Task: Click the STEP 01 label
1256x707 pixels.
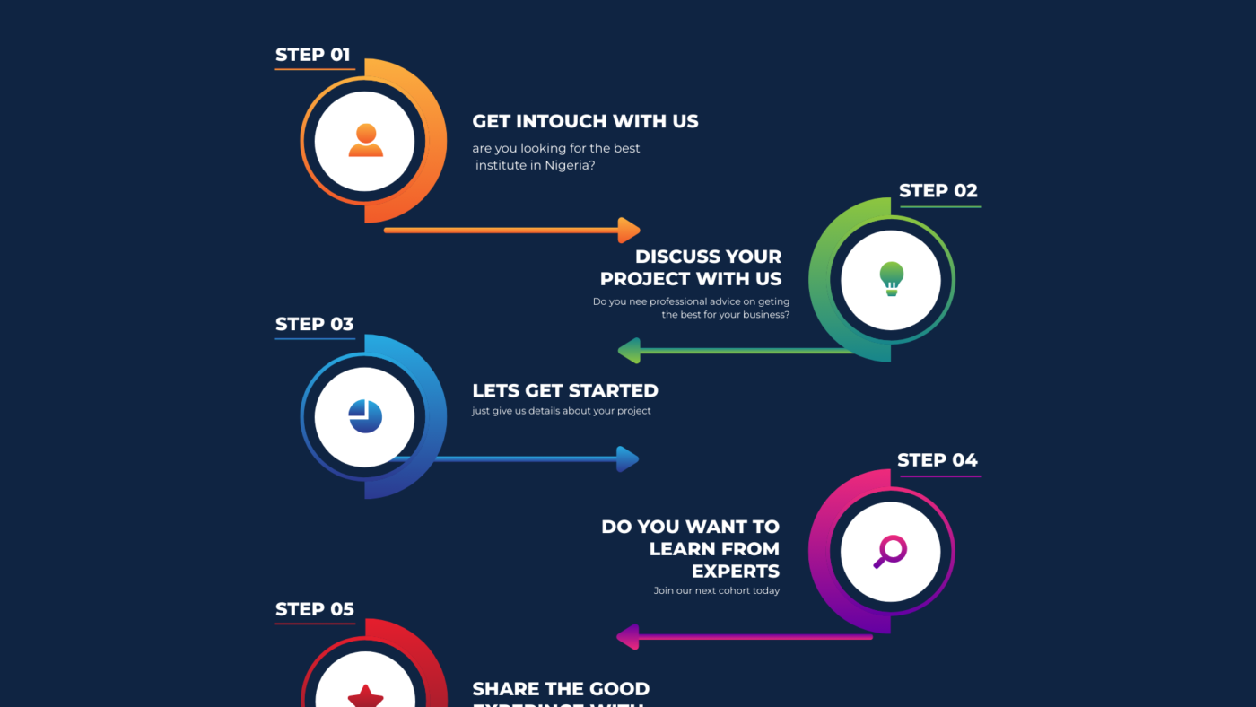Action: [312, 55]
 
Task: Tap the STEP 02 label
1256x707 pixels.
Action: [938, 191]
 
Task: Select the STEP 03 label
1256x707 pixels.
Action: [314, 325]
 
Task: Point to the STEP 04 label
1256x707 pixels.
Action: [937, 460]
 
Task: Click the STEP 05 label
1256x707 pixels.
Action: [314, 610]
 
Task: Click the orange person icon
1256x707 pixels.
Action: [365, 141]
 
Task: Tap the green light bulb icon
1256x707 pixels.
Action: [891, 279]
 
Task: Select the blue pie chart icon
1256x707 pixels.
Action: [365, 416]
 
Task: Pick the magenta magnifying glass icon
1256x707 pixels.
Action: [890, 551]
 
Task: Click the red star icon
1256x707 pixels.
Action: [365, 695]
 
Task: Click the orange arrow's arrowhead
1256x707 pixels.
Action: [630, 230]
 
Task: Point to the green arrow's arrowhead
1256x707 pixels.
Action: [628, 351]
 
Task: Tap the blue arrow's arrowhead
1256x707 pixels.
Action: [628, 459]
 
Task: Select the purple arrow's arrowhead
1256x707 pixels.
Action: [627, 637]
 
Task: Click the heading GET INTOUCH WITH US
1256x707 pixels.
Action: [585, 121]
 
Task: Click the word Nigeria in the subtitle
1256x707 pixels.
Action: [566, 165]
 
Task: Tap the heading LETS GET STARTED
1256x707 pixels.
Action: [565, 390]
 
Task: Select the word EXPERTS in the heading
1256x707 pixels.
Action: [735, 571]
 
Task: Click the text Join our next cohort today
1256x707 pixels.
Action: [717, 590]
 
